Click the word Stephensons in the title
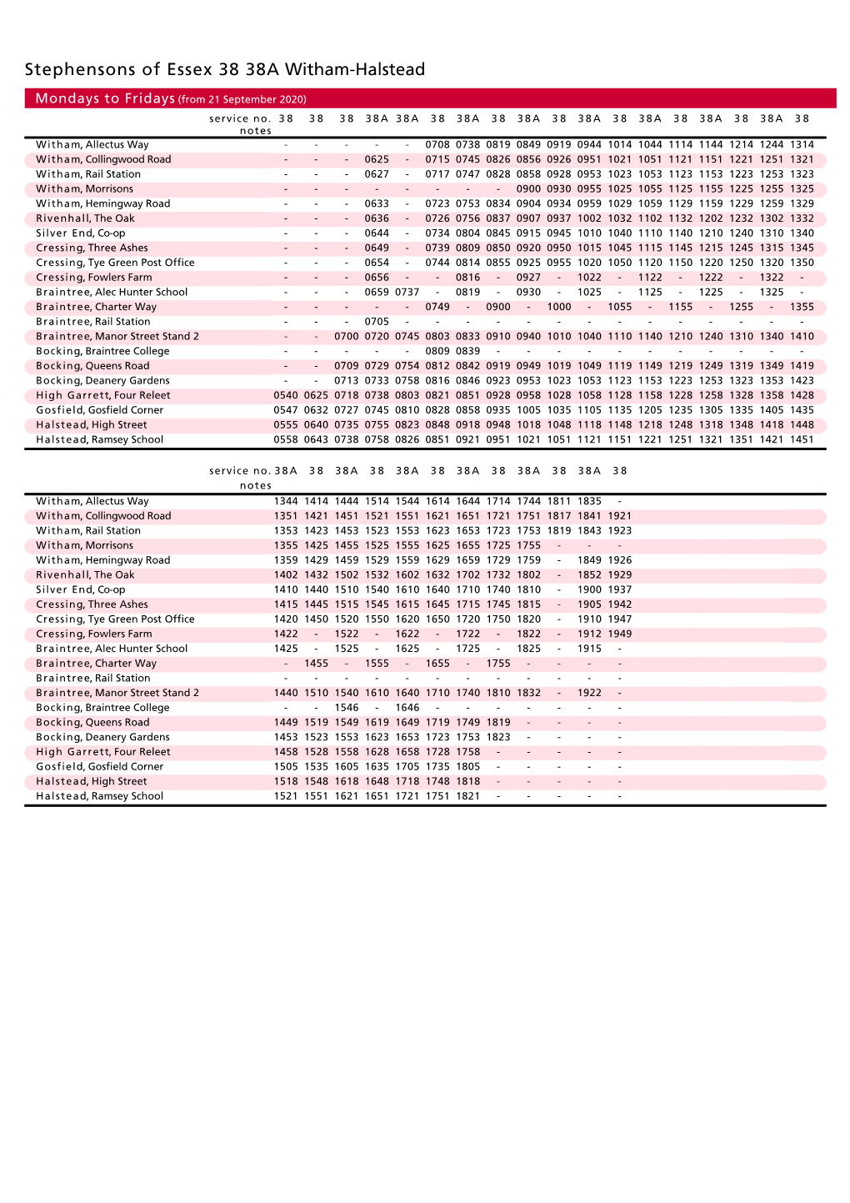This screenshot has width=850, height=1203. click(x=80, y=69)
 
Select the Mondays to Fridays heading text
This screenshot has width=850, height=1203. click(x=105, y=98)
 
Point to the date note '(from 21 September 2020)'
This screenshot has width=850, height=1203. click(x=242, y=99)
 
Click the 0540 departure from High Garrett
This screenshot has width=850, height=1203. click(x=286, y=395)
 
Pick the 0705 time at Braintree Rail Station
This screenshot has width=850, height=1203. click(x=377, y=322)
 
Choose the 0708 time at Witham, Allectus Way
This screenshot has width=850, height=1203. click(x=437, y=144)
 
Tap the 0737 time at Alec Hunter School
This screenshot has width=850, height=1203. click(x=407, y=292)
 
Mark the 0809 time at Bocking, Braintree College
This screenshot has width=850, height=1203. click(x=437, y=351)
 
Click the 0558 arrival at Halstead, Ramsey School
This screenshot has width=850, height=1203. click(x=286, y=439)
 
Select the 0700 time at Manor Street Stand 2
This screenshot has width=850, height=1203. click(x=347, y=336)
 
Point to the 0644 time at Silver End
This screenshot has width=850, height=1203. click(x=377, y=233)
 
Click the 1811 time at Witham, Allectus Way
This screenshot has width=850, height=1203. click(x=559, y=501)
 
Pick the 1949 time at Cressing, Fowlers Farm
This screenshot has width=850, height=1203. click(x=620, y=634)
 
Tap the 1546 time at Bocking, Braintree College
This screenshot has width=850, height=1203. click(x=347, y=708)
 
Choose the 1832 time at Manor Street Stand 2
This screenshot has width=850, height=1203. click(x=529, y=693)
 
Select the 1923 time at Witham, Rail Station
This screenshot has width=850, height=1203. click(x=620, y=530)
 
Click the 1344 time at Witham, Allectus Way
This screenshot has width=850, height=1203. click(x=286, y=501)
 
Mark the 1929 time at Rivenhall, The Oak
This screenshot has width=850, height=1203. click(x=620, y=575)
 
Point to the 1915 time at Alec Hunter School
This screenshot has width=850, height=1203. click(x=589, y=649)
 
